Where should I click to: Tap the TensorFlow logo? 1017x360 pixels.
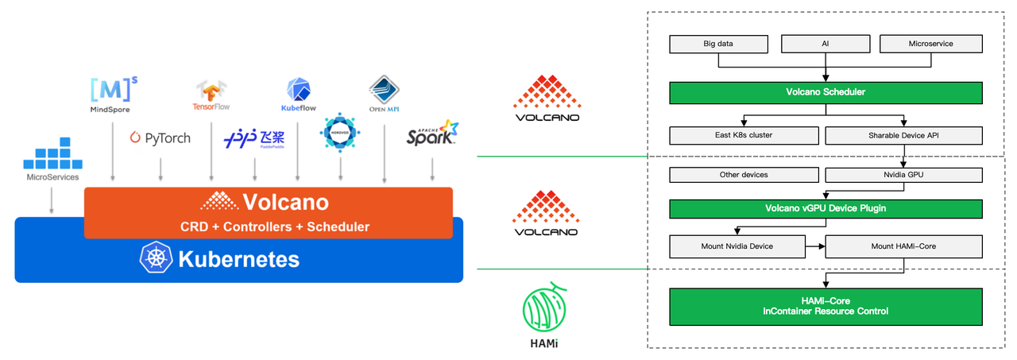pyautogui.click(x=211, y=95)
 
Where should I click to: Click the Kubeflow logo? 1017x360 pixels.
pyautogui.click(x=298, y=95)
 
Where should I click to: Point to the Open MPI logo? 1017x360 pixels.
pyautogui.click(x=384, y=94)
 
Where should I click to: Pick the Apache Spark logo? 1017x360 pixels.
pyautogui.click(x=432, y=133)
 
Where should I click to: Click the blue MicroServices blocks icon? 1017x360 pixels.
pyautogui.click(x=52, y=153)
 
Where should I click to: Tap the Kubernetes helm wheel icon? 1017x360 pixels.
pyautogui.click(x=156, y=257)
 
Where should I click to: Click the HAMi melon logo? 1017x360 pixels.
pyautogui.click(x=544, y=308)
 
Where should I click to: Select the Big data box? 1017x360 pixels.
pyautogui.click(x=719, y=44)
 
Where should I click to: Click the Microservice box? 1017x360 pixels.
pyautogui.click(x=930, y=44)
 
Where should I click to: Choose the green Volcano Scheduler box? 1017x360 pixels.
pyautogui.click(x=826, y=93)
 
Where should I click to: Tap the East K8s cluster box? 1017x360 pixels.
pyautogui.click(x=744, y=135)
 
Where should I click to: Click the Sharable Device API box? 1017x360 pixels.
pyautogui.click(x=903, y=135)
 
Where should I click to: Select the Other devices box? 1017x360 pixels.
pyautogui.click(x=744, y=175)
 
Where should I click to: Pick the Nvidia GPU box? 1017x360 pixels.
pyautogui.click(x=903, y=175)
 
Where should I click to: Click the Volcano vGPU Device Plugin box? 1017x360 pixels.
pyautogui.click(x=826, y=209)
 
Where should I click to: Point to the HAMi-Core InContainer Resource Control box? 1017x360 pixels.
pyautogui.click(x=826, y=307)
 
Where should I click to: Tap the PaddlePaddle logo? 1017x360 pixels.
pyautogui.click(x=254, y=138)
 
